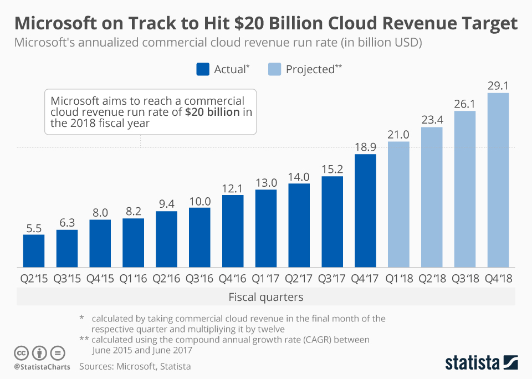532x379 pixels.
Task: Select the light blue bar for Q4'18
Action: click(x=498, y=180)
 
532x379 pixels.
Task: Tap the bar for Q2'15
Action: click(x=34, y=250)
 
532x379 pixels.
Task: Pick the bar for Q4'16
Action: click(x=233, y=231)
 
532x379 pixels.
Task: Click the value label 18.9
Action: click(x=365, y=147)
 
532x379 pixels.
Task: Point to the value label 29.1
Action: click(x=498, y=86)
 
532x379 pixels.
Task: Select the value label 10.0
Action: click(x=199, y=201)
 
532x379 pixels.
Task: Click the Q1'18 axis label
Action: click(x=398, y=279)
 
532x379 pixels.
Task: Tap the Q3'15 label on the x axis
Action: click(x=67, y=279)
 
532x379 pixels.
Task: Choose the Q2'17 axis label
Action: click(x=299, y=279)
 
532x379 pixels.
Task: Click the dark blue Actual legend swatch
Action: click(x=203, y=69)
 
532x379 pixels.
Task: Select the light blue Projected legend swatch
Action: click(x=275, y=69)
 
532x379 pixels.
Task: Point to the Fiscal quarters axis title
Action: click(x=266, y=298)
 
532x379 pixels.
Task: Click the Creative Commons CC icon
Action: click(x=21, y=352)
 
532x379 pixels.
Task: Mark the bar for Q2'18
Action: click(x=432, y=197)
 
